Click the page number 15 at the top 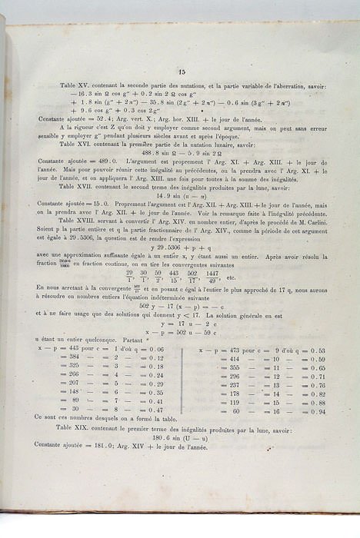point(182,71)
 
